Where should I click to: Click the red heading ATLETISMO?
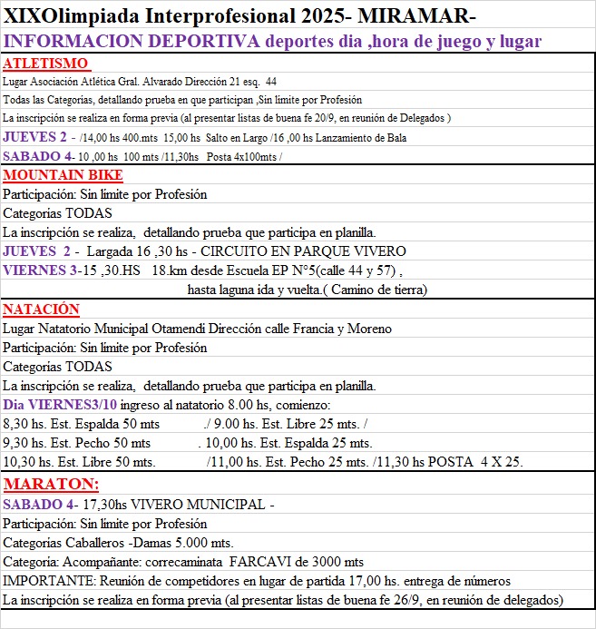tap(46, 64)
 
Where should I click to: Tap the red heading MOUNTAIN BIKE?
tap(63, 175)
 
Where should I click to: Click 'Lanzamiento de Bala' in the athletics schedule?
tap(355, 138)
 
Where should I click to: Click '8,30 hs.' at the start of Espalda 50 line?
tap(24, 423)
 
